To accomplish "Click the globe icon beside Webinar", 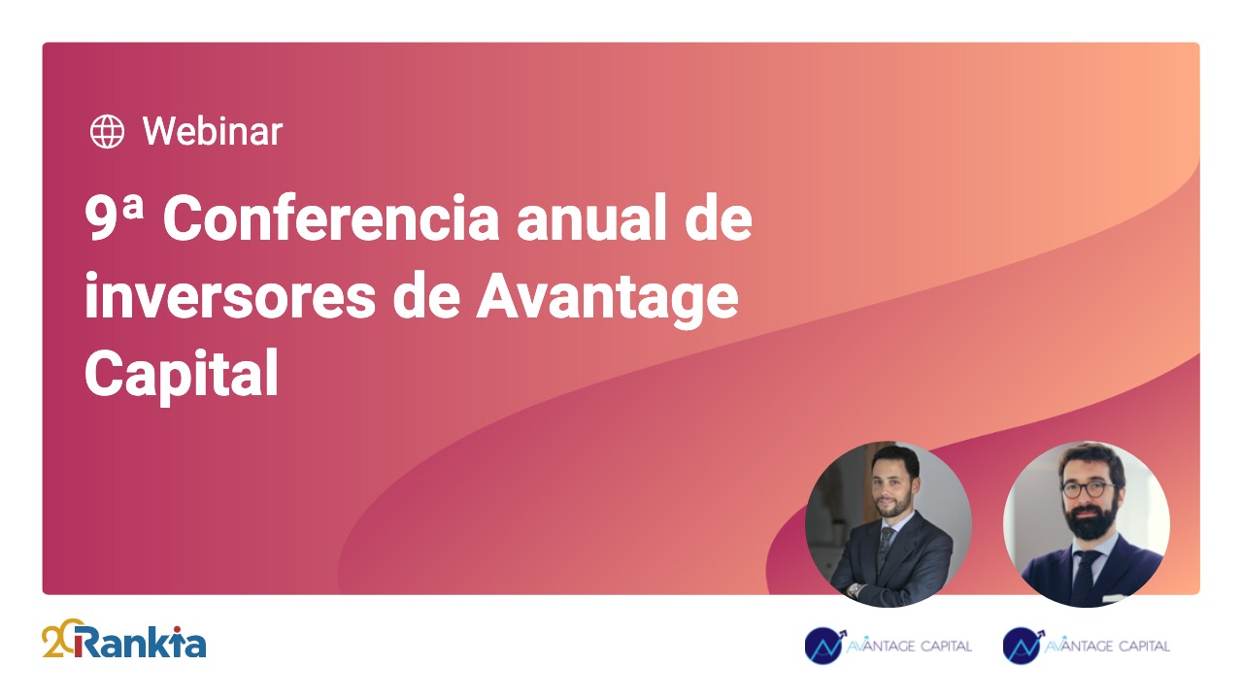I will [107, 131].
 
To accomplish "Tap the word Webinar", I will [213, 131].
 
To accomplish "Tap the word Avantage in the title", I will [607, 299].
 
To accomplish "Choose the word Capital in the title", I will [182, 374].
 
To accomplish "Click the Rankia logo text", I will [139, 643].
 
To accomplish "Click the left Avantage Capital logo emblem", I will [824, 645].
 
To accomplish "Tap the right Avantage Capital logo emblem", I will [1023, 645].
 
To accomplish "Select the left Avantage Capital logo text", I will [910, 646].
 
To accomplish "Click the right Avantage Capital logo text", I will [1108, 646].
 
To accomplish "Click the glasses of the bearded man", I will [1087, 488].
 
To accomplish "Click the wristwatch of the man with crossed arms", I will [854, 589].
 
